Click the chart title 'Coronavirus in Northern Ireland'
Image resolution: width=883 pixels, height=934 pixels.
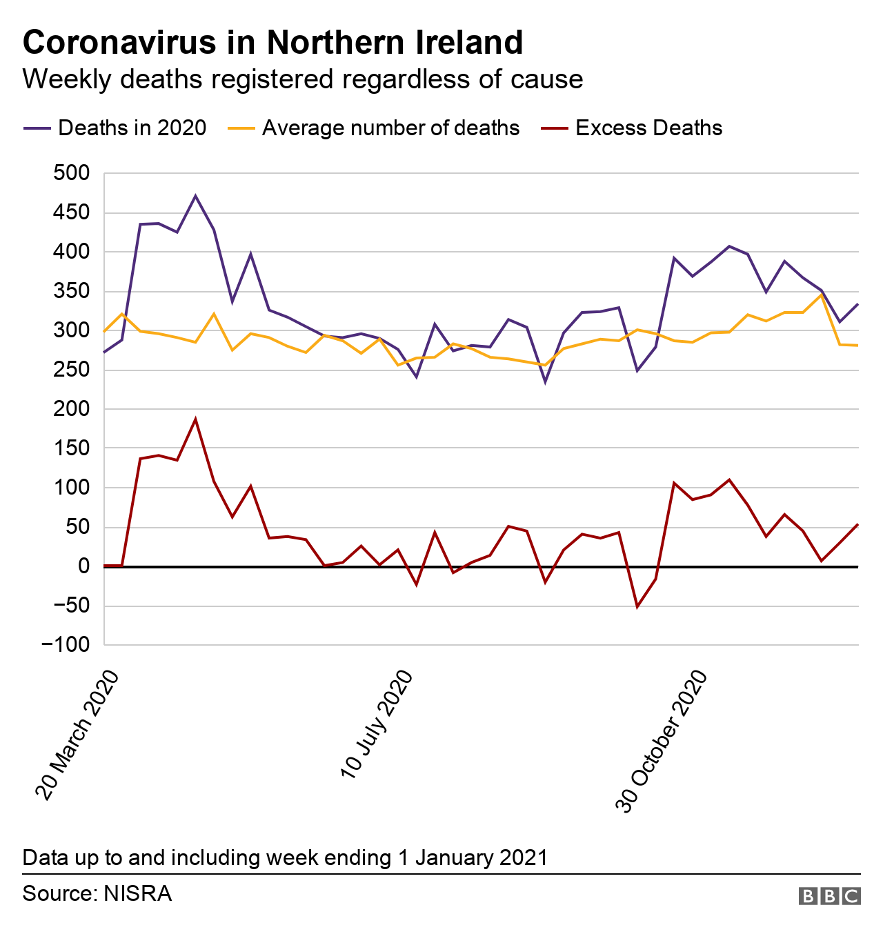272,42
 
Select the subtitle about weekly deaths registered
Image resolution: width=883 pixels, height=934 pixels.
302,79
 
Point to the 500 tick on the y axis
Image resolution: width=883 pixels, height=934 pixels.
72,173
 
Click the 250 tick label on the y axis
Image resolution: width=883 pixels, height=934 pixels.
72,370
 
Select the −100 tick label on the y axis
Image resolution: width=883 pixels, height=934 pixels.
66,645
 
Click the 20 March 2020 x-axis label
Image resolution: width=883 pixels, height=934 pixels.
78,735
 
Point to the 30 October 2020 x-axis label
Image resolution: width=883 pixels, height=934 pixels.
662,742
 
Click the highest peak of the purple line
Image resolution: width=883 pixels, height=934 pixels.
196,196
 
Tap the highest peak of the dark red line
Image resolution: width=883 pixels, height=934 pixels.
196,419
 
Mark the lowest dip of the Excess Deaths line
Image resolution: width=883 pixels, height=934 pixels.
637,606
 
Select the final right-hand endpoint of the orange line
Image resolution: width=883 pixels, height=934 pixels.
857,346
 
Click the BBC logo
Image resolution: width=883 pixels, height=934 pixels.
829,896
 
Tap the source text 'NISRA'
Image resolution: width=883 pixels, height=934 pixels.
137,894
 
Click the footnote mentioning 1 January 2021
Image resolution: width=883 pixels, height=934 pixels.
285,858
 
